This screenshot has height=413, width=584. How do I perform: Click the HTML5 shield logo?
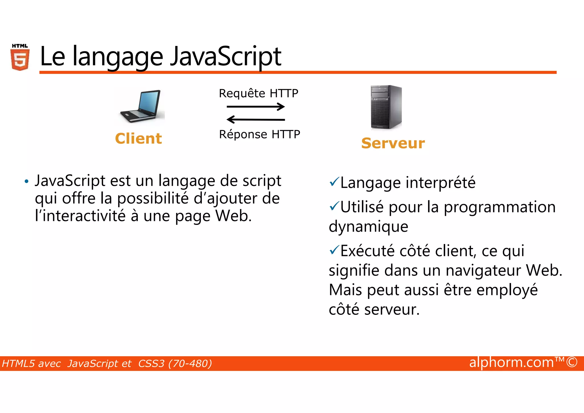tap(20, 58)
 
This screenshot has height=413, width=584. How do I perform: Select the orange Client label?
tap(138, 139)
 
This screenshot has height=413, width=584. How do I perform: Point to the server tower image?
tap(386, 107)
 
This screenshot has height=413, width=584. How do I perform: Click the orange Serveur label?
tap(393, 143)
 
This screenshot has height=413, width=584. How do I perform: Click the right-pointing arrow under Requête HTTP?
tap(255, 107)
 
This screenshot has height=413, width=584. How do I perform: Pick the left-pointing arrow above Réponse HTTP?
tap(255, 119)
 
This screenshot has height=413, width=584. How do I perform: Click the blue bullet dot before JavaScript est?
tap(27, 182)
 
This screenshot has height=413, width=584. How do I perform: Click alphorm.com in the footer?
tap(511, 362)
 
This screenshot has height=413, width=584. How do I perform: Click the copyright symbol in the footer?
tap(572, 362)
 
